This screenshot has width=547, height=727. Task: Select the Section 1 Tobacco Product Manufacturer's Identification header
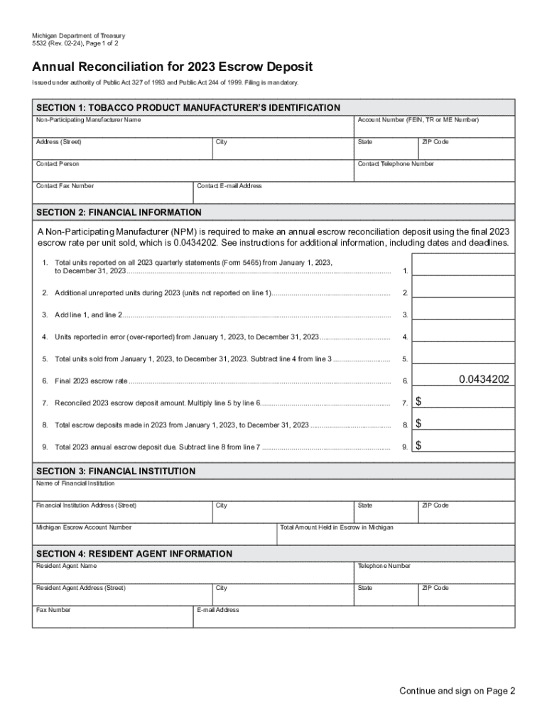[188, 108]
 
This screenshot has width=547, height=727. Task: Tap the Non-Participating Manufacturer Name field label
[88, 120]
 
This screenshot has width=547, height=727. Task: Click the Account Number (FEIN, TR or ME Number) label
[418, 120]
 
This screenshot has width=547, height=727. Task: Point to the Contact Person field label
[58, 164]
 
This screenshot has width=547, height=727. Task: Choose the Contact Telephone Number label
[396, 164]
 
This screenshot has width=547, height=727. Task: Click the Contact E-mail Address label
[229, 186]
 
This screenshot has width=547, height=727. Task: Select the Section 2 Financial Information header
[119, 212]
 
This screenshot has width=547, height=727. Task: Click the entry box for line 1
[463, 265]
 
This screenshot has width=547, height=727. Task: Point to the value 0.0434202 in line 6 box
[484, 380]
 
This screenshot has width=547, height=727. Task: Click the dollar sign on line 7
[418, 403]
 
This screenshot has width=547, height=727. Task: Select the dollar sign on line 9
[418, 446]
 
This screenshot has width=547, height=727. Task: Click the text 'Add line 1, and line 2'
[89, 315]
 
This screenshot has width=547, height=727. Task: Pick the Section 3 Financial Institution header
[116, 471]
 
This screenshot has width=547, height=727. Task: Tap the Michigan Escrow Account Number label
[84, 528]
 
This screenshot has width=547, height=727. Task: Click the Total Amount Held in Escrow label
[337, 528]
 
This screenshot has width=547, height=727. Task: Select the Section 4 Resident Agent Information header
[134, 554]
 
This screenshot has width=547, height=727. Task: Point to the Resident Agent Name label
[66, 566]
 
